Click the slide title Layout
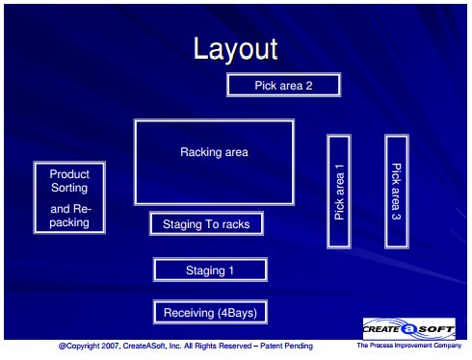pyautogui.click(x=235, y=49)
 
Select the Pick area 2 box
pyautogui.click(x=283, y=85)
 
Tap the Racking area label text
pyautogui.click(x=214, y=152)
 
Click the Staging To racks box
pyautogui.click(x=206, y=223)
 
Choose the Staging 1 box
pyautogui.click(x=210, y=270)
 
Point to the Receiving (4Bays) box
pyautogui.click(x=210, y=312)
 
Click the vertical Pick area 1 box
pyautogui.click(x=339, y=192)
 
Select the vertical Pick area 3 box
pyautogui.click(x=397, y=192)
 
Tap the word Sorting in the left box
pyautogui.click(x=69, y=188)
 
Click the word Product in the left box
pyautogui.click(x=69, y=174)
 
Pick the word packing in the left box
pyautogui.click(x=69, y=222)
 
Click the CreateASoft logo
pyautogui.click(x=409, y=329)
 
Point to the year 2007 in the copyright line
pyautogui.click(x=111, y=346)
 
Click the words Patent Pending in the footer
pyautogui.click(x=286, y=346)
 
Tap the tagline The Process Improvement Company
pyautogui.click(x=409, y=346)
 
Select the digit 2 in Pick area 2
pyautogui.click(x=309, y=86)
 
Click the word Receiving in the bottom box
pyautogui.click(x=189, y=313)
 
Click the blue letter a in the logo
pyautogui.click(x=409, y=329)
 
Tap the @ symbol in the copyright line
pyautogui.click(x=63, y=347)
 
